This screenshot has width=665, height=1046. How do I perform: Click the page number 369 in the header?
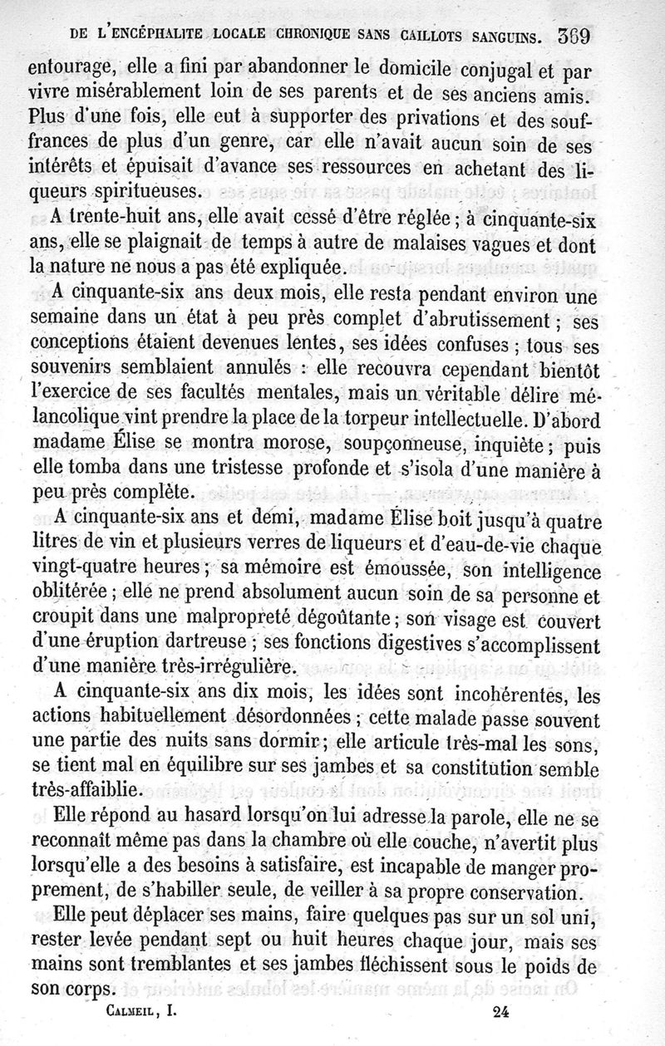(579, 37)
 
